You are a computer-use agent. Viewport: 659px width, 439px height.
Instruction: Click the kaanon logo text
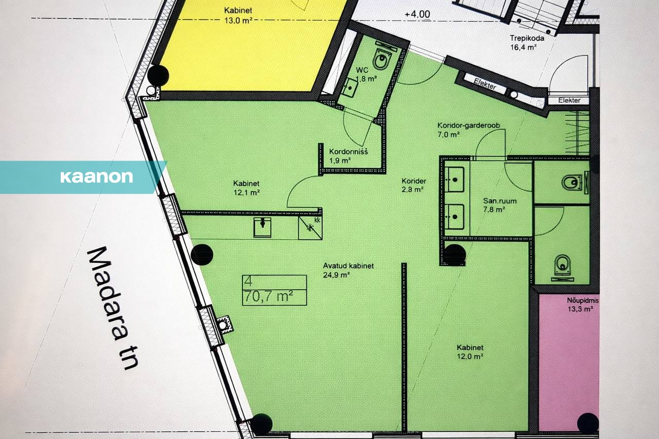point(96,177)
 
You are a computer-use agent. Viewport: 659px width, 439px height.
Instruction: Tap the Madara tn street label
point(112,308)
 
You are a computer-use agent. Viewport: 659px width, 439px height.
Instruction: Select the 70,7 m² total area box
point(274,290)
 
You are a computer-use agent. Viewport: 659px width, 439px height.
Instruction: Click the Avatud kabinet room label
point(349,270)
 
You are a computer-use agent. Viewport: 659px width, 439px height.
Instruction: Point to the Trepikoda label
point(527,43)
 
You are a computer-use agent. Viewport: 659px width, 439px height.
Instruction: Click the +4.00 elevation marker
point(417,14)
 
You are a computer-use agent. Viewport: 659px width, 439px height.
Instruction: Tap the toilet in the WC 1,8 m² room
point(381,59)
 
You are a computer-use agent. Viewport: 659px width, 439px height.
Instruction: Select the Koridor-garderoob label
point(469,130)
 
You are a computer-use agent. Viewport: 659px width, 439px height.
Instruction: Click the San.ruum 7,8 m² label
point(499,205)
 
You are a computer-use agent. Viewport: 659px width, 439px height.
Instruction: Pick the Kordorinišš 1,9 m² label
point(349,156)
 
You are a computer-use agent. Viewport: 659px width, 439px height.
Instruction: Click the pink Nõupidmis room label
point(582,305)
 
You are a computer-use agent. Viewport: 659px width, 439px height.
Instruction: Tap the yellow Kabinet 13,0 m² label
point(238,15)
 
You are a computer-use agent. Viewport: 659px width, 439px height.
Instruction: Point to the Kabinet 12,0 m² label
point(470,352)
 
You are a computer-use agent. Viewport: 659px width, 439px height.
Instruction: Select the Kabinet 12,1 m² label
point(246,188)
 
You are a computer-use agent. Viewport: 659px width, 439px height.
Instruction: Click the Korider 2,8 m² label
point(413,185)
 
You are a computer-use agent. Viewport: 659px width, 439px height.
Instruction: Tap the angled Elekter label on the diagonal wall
point(485,84)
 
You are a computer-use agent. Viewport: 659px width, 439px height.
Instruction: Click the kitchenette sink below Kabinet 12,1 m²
point(263,227)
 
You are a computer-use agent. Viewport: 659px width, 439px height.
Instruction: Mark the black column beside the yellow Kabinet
point(158,76)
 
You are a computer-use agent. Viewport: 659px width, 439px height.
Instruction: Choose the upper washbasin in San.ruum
point(454,180)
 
